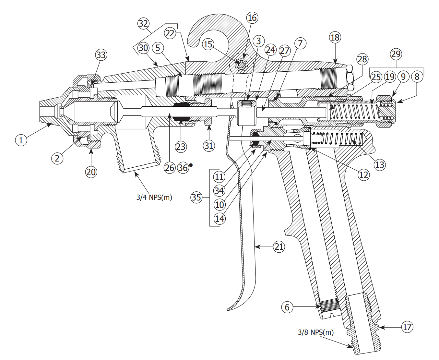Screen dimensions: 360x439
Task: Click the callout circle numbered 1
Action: pos(21,140)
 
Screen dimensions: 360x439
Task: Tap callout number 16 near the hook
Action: pos(252,18)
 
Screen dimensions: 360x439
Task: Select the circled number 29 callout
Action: pos(396,54)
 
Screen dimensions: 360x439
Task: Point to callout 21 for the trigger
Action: pos(279,247)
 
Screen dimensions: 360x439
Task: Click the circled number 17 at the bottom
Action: pos(407,327)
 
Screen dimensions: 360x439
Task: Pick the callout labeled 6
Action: pos(287,307)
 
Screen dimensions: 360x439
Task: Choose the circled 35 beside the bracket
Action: pos(196,197)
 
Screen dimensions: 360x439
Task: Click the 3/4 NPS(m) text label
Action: pos(154,197)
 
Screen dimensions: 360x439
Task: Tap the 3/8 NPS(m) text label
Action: pos(315,332)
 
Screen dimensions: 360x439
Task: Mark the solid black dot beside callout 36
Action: pos(191,165)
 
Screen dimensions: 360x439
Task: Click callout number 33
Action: pos(101,55)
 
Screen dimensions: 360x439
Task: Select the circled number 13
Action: pos(379,165)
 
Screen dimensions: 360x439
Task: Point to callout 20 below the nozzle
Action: pos(91,172)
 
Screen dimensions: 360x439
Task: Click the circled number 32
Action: pos(143,23)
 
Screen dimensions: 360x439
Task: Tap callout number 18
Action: pos(335,38)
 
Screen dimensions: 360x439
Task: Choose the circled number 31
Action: pos(209,146)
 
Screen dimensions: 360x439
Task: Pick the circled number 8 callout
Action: pos(417,77)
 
